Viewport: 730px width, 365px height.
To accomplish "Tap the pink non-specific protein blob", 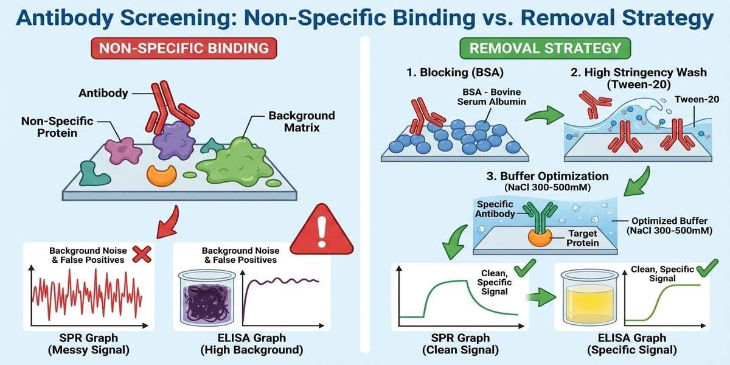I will pyautogui.click(x=122, y=150).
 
